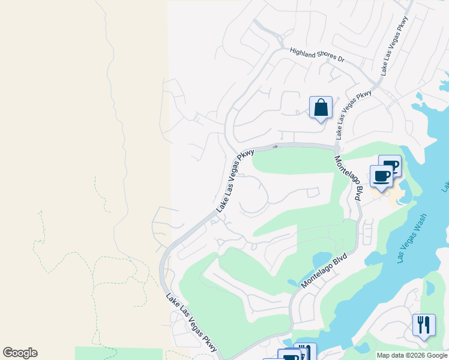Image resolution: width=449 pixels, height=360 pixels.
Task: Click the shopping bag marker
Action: click(321, 108)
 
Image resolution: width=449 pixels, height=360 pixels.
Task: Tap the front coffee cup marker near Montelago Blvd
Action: click(381, 176)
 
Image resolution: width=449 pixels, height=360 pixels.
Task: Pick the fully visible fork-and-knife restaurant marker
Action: click(424, 325)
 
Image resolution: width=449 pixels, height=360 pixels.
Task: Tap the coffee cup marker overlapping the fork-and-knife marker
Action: click(291, 356)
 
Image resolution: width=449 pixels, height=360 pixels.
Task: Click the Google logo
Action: click(20, 353)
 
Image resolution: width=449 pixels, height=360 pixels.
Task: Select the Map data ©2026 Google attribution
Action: click(412, 355)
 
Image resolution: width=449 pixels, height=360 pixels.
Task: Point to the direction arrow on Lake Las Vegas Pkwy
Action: click(275, 146)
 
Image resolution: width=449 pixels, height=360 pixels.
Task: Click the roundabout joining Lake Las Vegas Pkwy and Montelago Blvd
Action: click(337, 149)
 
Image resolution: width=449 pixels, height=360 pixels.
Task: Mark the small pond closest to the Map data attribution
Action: click(363, 347)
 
